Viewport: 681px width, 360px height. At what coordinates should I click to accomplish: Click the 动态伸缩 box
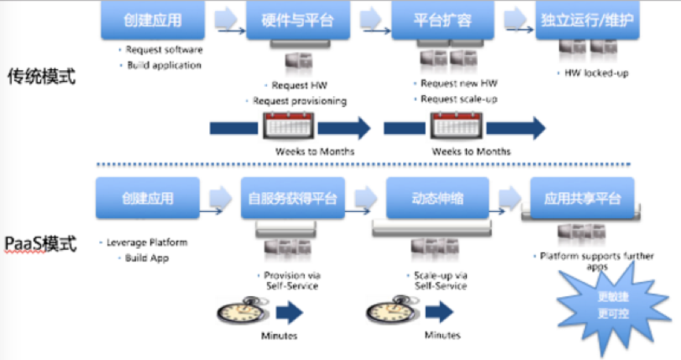point(437,199)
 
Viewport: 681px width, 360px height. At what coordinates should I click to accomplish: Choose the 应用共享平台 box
point(583,199)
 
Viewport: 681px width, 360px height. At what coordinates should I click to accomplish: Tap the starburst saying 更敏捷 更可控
point(606,302)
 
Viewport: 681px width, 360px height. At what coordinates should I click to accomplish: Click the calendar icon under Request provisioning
point(288,128)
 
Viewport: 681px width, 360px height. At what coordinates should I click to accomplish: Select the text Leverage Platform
point(146,242)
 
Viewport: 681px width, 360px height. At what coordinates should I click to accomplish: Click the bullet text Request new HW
point(458,83)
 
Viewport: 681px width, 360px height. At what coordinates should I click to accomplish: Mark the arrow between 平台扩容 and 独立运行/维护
point(515,18)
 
